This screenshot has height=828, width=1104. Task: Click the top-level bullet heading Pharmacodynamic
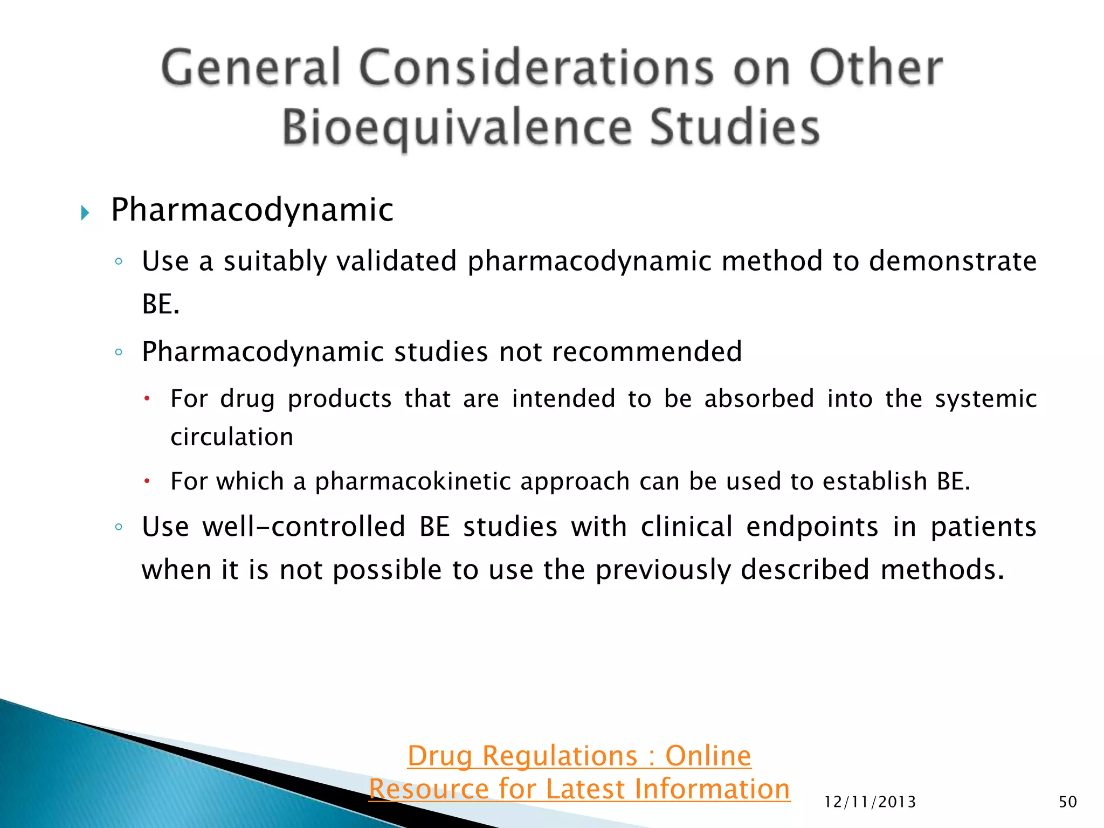point(252,210)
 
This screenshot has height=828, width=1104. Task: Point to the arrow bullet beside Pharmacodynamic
point(85,212)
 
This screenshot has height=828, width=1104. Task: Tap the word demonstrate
point(953,261)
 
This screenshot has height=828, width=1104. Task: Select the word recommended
point(647,352)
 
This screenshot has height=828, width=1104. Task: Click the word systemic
point(985,399)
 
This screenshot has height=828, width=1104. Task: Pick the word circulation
point(232,437)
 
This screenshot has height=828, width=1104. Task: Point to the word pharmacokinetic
point(412,481)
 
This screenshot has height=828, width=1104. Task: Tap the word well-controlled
point(304,527)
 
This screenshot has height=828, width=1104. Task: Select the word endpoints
point(812,527)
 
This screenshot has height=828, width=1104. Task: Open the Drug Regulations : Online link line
point(579,756)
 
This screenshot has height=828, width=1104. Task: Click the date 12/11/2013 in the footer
point(870,802)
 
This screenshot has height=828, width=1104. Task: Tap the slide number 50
point(1067,802)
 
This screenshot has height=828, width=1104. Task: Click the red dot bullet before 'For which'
point(147,480)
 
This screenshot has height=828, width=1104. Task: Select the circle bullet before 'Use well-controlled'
point(119,527)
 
